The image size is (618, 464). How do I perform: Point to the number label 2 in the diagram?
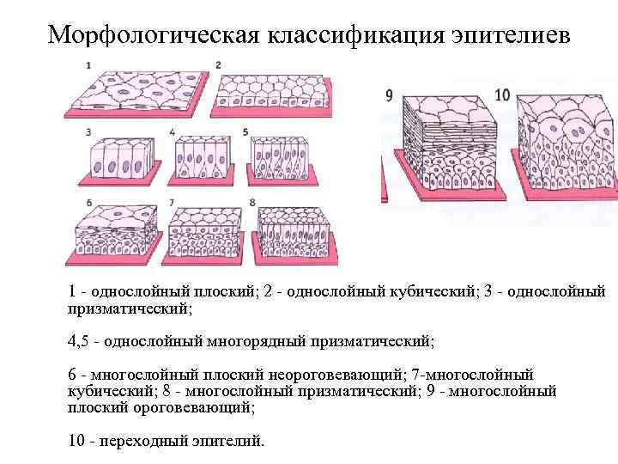pyautogui.click(x=219, y=65)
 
